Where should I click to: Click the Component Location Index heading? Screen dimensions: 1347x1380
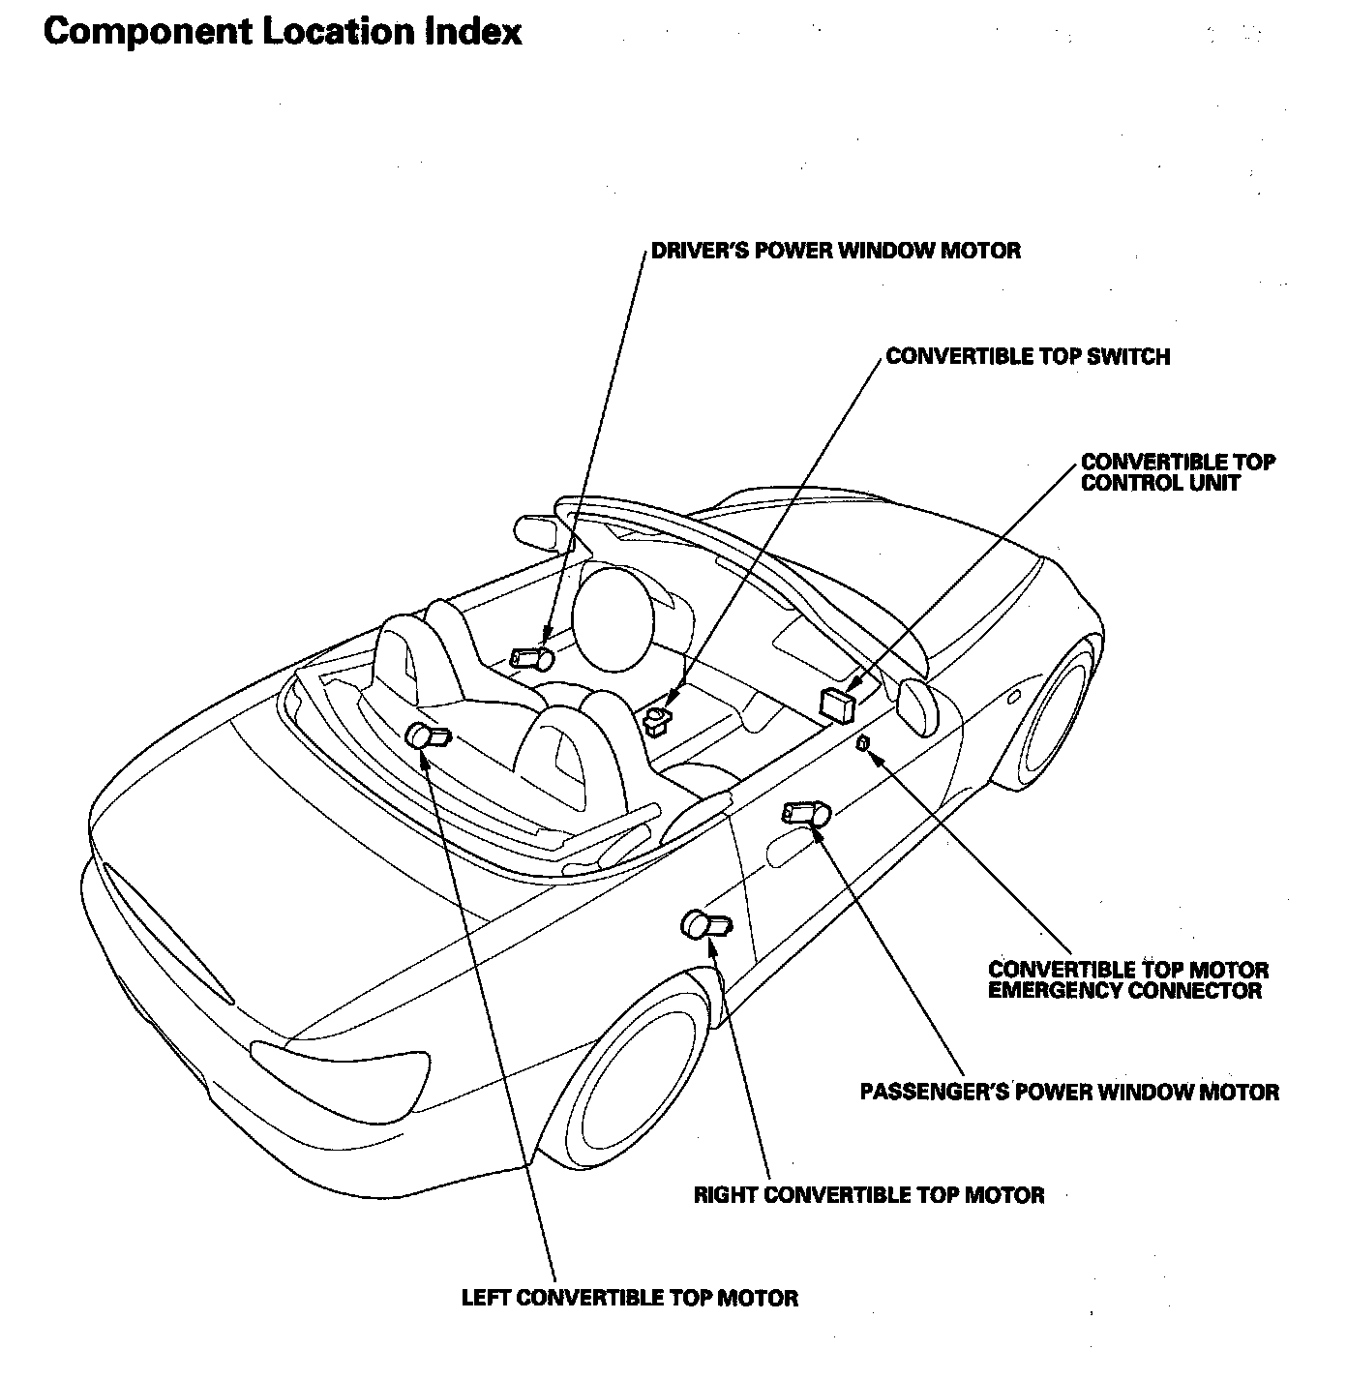[283, 33]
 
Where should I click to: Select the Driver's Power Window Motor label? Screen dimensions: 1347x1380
[836, 251]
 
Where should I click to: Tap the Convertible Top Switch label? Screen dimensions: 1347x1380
[1028, 357]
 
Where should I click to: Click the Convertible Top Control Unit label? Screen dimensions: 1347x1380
[1178, 473]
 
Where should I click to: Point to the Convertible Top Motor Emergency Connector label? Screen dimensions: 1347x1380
[1128, 980]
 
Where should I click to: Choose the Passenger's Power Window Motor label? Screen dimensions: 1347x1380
[1069, 1092]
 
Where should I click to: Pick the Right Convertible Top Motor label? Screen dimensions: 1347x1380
[868, 1195]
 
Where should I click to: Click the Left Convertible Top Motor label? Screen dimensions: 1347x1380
[630, 1299]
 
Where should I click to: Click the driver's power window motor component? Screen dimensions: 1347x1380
[531, 659]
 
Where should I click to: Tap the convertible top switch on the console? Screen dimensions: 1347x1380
[659, 719]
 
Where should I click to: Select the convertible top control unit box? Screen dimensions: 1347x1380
[837, 705]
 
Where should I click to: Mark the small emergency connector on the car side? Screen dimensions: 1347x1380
[863, 743]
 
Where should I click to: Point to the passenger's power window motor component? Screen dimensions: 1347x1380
[807, 813]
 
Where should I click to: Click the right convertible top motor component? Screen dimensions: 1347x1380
[705, 925]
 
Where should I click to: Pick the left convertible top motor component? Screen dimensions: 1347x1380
[428, 735]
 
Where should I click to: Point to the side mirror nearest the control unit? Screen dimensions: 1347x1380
[917, 708]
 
